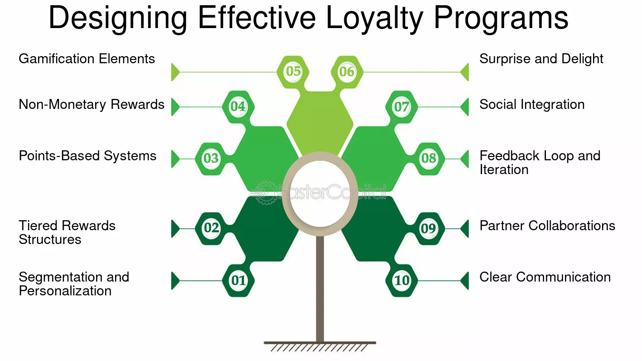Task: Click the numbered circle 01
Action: coord(238,281)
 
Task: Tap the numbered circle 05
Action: coord(293,71)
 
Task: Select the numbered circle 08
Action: coord(429,158)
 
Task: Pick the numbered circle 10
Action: coord(401,281)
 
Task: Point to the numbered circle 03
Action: coord(211,158)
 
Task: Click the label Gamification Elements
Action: coord(87,59)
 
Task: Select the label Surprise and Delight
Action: coord(541,59)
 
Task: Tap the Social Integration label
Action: coord(532,104)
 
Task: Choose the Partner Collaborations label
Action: coord(547,225)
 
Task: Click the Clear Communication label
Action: coord(545,277)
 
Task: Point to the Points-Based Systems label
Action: coord(88,156)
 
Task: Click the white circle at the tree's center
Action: coord(320,194)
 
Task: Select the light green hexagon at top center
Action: coord(320,123)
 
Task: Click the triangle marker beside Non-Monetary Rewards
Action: coord(175,107)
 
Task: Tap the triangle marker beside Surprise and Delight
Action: coord(465,72)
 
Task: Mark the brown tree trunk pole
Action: coord(320,289)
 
